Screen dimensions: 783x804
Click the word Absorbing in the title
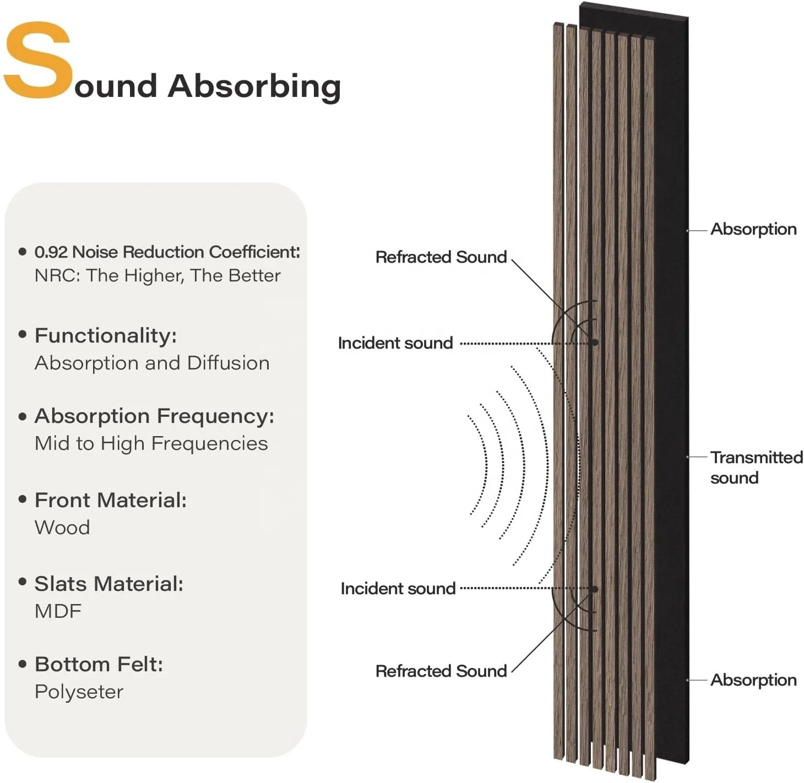pyautogui.click(x=254, y=86)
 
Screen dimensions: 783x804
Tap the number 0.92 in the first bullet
pyautogui.click(x=51, y=252)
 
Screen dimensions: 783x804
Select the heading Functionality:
pyautogui.click(x=106, y=335)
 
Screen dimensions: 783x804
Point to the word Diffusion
pyautogui.click(x=228, y=363)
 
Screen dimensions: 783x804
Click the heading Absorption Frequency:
pyautogui.click(x=154, y=416)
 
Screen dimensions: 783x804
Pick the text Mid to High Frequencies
pyautogui.click(x=151, y=444)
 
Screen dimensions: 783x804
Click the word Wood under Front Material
pyautogui.click(x=62, y=528)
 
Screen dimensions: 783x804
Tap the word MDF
pyautogui.click(x=58, y=611)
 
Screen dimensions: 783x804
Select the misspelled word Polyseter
pyautogui.click(x=79, y=692)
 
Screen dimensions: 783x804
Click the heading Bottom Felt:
pyautogui.click(x=99, y=665)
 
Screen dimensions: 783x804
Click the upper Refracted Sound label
pyautogui.click(x=441, y=257)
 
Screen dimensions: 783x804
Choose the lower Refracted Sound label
pyautogui.click(x=441, y=671)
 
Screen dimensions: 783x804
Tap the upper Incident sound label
pyautogui.click(x=395, y=343)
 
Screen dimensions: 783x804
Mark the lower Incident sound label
pyautogui.click(x=398, y=589)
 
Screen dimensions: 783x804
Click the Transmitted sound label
pyautogui.click(x=756, y=467)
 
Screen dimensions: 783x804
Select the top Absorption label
pyautogui.click(x=753, y=229)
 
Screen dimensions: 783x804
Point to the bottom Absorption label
pyautogui.click(x=753, y=680)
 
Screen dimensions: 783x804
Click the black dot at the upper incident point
pyautogui.click(x=594, y=342)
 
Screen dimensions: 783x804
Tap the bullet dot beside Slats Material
pyautogui.click(x=23, y=582)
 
